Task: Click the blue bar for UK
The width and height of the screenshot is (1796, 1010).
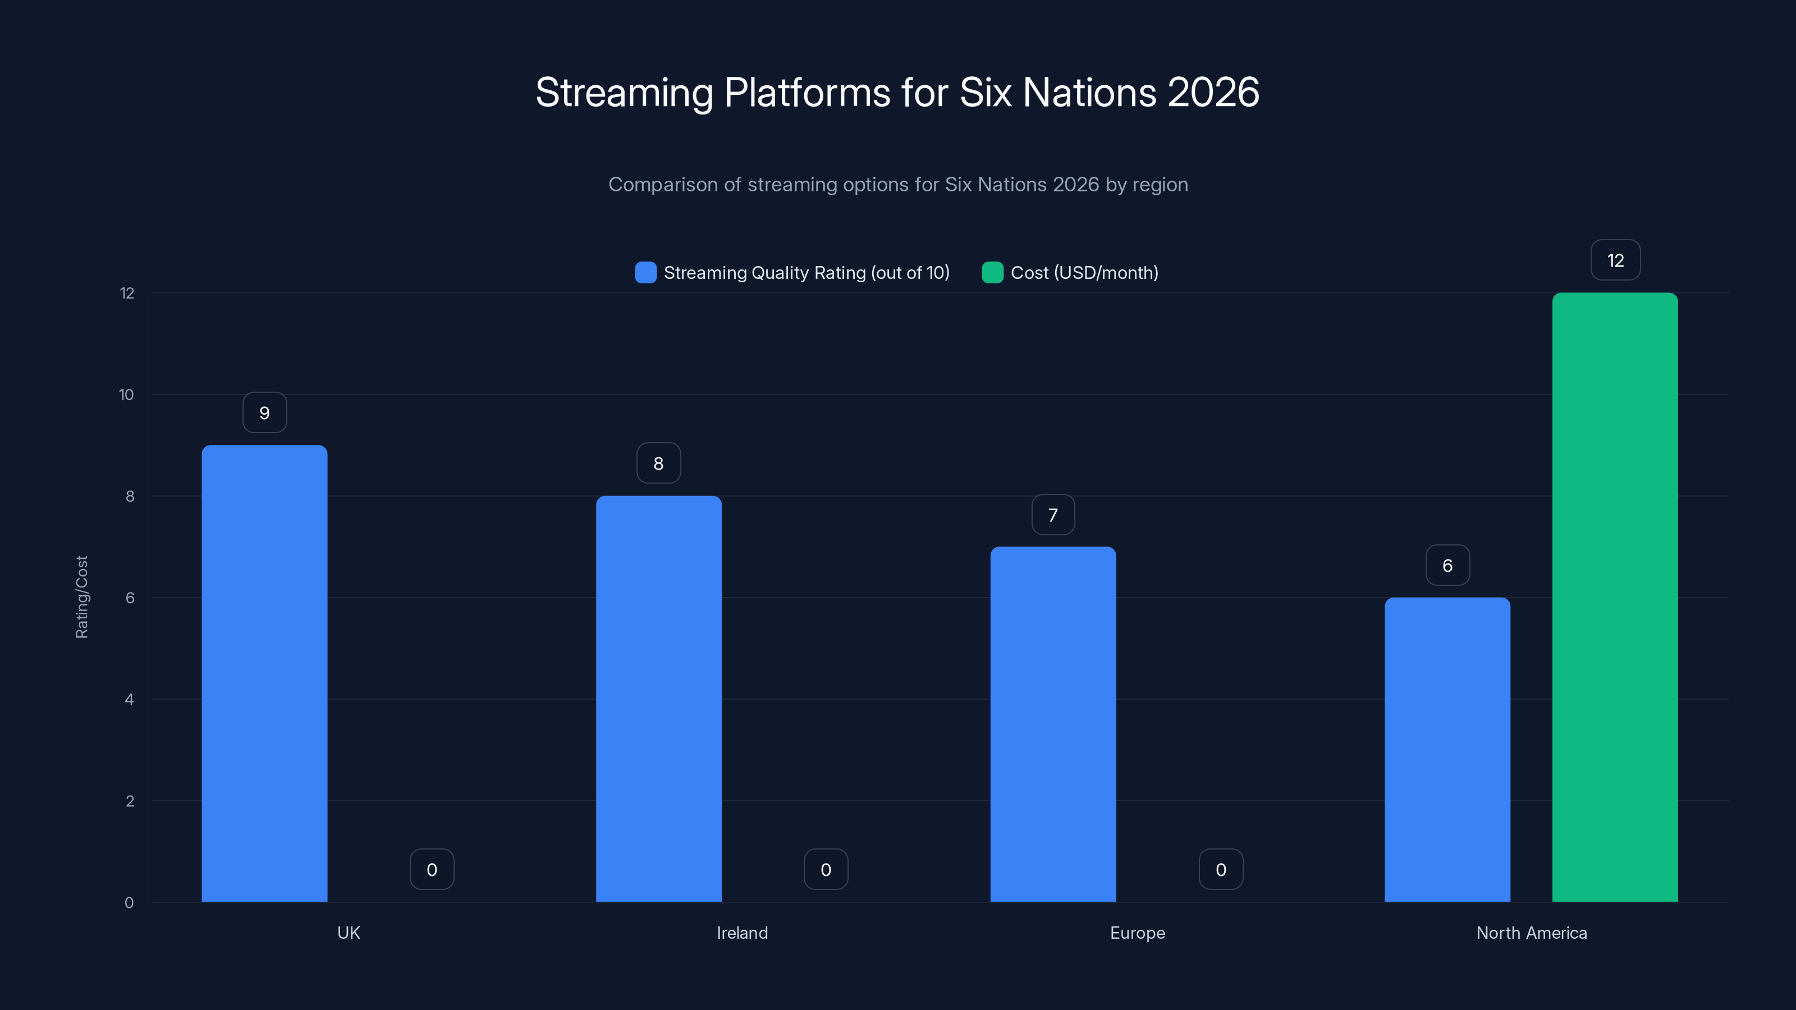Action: click(x=264, y=673)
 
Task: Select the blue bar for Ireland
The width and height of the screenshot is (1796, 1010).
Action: click(x=658, y=699)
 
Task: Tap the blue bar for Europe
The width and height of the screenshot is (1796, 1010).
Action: click(x=1053, y=723)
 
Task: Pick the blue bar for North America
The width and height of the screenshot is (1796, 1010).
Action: click(x=1447, y=749)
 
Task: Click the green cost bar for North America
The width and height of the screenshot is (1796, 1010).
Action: click(x=1615, y=596)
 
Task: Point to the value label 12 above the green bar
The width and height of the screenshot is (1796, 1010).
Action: click(x=1615, y=260)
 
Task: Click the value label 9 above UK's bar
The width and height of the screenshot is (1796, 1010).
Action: click(x=264, y=412)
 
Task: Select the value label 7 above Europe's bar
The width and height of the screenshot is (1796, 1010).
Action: click(x=1053, y=515)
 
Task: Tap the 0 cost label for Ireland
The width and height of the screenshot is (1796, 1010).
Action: click(x=826, y=869)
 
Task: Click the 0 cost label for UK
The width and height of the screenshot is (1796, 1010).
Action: click(x=432, y=869)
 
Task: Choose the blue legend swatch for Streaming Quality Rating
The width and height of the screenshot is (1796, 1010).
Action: click(x=645, y=273)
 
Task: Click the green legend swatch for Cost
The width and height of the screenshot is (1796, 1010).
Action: click(x=992, y=273)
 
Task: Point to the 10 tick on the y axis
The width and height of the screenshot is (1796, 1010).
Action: click(x=126, y=394)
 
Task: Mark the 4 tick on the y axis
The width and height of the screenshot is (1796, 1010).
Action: click(x=129, y=699)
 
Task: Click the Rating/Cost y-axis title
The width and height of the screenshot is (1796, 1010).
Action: click(x=81, y=596)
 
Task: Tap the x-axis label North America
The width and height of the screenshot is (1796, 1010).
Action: click(x=1531, y=933)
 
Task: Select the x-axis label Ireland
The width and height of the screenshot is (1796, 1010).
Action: click(x=742, y=933)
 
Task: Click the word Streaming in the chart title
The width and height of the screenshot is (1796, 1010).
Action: click(x=625, y=93)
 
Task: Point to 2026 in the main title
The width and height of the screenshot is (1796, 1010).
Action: click(x=1213, y=93)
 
